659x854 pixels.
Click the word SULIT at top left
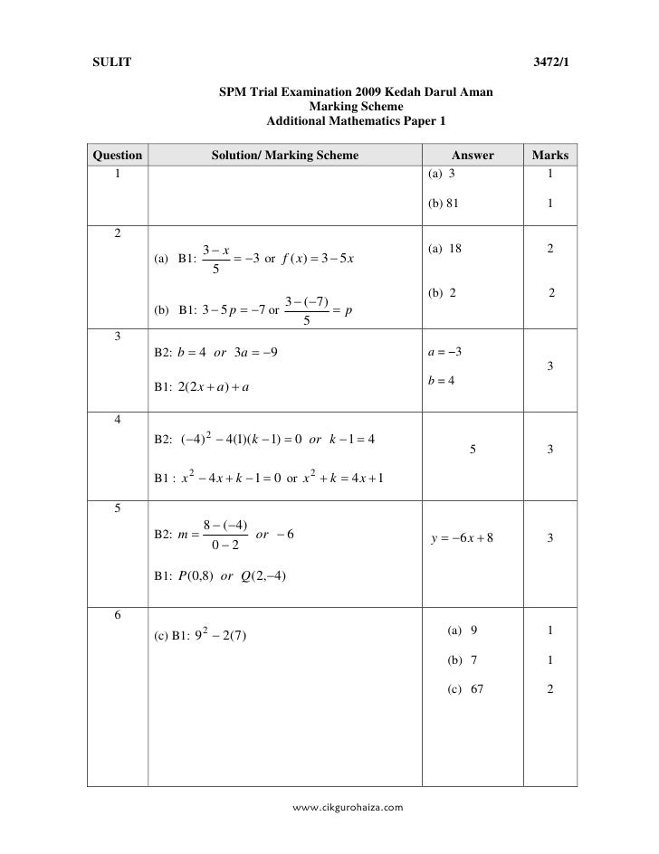(x=112, y=62)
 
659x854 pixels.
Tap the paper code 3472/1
(x=549, y=62)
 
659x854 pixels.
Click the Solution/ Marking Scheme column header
(x=285, y=156)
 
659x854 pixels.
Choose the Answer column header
(x=473, y=156)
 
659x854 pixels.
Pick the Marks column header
(x=550, y=156)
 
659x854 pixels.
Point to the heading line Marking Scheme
(x=356, y=106)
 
